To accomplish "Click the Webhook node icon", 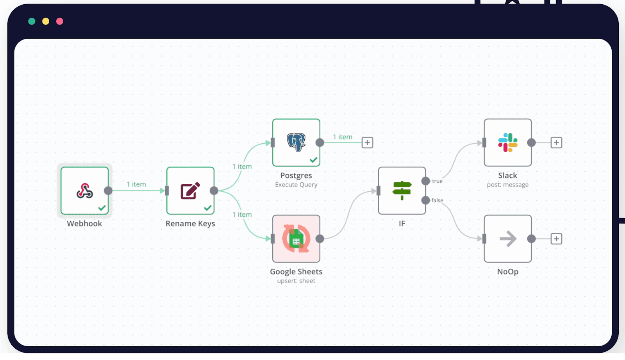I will (x=84, y=191).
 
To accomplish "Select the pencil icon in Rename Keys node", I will (x=190, y=191).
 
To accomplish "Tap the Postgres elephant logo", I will (x=296, y=142).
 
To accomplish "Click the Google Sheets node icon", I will (x=296, y=239).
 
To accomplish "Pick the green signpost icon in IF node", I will (x=402, y=190).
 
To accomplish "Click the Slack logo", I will (x=507, y=143).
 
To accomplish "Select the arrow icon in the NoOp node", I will (x=508, y=239).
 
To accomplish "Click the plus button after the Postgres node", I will (x=367, y=143).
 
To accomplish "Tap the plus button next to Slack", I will (x=556, y=143).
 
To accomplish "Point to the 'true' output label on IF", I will (x=437, y=181).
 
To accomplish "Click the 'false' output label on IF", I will (x=437, y=200).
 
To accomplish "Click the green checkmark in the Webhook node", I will (x=102, y=208).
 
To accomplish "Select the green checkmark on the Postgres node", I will (x=313, y=160).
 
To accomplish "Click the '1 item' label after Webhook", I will (x=136, y=184).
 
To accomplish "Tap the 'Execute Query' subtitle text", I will (x=296, y=185).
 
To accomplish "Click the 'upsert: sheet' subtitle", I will (x=296, y=281).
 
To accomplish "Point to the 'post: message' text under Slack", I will (x=507, y=185).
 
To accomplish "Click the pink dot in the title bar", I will (x=60, y=21).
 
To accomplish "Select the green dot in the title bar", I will (x=32, y=21).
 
